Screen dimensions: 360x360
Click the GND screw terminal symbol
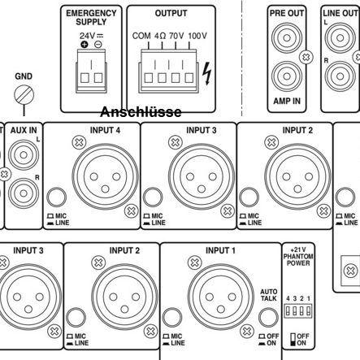coord(24,95)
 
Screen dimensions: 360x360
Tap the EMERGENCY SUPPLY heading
coord(91,17)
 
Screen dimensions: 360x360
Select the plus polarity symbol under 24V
coord(85,44)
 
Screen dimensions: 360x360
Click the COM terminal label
coord(141,36)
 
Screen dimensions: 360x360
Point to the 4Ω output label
coord(160,36)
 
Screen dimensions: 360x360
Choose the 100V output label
coord(197,36)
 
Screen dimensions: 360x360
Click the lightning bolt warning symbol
coord(207,73)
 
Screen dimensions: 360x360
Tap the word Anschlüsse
coord(141,112)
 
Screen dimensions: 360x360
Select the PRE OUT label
coord(287,13)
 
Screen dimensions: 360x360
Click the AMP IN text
coord(287,101)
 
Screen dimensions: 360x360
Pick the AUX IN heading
coord(24,130)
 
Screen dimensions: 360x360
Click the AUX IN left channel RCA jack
coord(24,155)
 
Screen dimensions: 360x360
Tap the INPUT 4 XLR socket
coord(105,176)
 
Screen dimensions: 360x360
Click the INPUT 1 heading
coord(220,250)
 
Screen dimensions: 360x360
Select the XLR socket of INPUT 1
coord(221,297)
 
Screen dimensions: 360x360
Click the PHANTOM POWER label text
coord(298,259)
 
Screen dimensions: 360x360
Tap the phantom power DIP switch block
coord(298,310)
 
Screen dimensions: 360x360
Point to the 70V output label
coord(176,36)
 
